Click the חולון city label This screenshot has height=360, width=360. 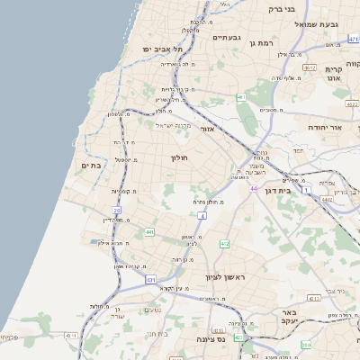coord(177,157)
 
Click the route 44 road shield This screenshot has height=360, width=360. coord(255,188)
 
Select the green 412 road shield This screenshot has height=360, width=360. coord(224,244)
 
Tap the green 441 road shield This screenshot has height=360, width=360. coord(148,232)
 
